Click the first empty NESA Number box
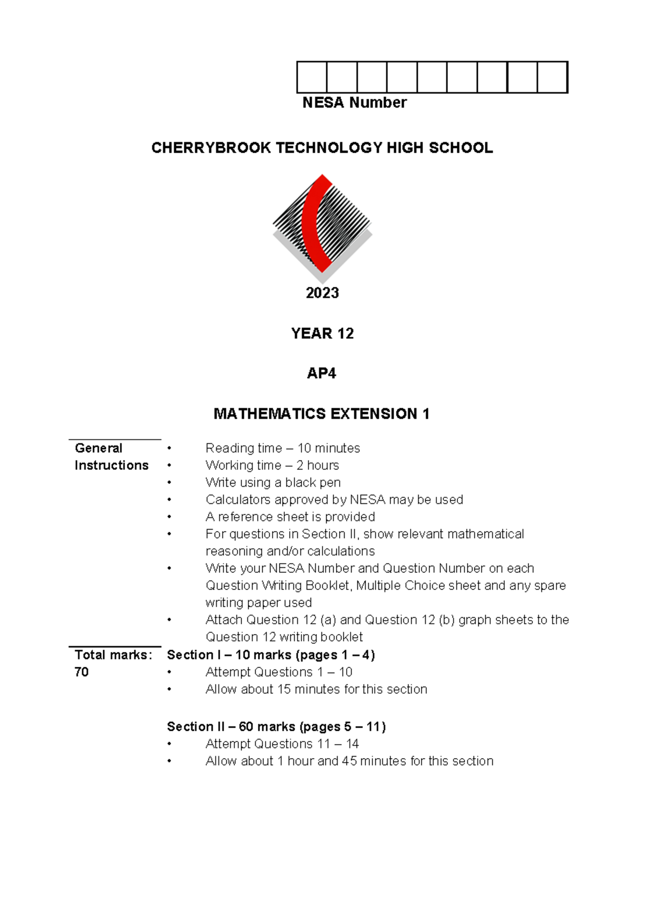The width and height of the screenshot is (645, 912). click(312, 77)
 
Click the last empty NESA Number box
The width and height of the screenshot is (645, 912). click(553, 77)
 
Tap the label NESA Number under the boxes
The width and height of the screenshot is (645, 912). click(354, 103)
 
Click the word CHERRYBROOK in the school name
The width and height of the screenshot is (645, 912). click(211, 148)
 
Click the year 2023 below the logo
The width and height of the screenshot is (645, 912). click(322, 293)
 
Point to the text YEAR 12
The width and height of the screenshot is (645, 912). click(322, 333)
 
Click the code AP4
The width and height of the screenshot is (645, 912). click(321, 373)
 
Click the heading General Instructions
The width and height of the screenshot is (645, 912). click(111, 457)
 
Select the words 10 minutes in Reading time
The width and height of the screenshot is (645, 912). click(328, 448)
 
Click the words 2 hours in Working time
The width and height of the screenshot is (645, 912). click(317, 465)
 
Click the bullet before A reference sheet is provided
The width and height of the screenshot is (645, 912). click(169, 517)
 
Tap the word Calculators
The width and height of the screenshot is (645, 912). click(238, 500)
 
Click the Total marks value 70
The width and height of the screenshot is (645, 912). click(82, 672)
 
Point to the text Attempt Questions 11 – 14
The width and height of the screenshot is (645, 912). click(282, 744)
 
